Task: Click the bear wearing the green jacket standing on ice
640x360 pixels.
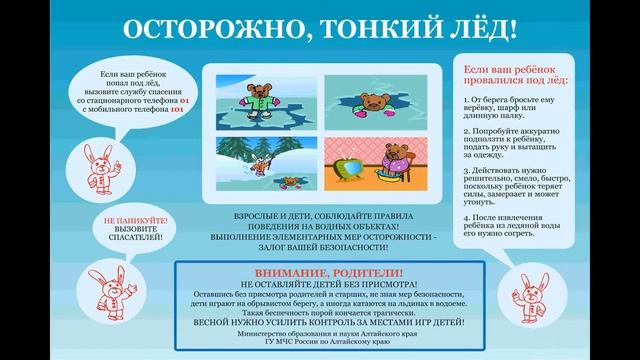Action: tap(262, 97)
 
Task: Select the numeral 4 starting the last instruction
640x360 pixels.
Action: tap(468, 218)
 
